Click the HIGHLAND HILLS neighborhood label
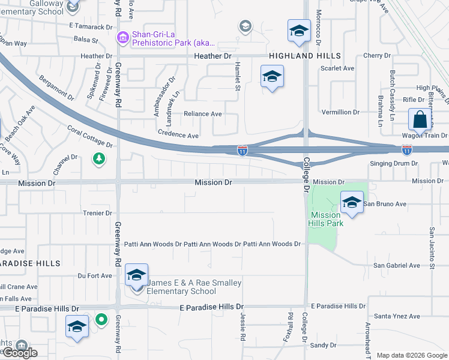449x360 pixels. (305, 56)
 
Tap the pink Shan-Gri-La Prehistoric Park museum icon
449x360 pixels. (123, 38)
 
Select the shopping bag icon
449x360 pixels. (420, 119)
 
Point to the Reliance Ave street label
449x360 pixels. (203, 114)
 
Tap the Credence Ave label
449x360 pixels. (178, 136)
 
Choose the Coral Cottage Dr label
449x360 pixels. (90, 137)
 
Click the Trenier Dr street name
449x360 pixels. (97, 213)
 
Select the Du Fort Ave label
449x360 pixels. (95, 276)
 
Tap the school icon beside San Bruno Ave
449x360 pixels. (352, 203)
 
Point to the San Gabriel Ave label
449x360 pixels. (397, 265)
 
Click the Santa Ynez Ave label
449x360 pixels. (397, 316)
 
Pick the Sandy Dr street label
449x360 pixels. (324, 345)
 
